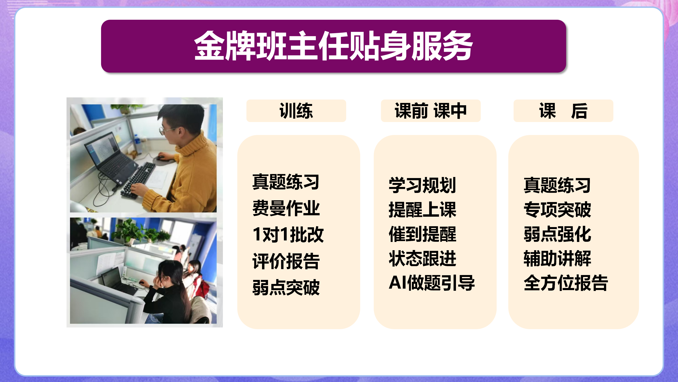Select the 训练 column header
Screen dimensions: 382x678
(x=296, y=111)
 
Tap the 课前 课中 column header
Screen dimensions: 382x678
(x=431, y=111)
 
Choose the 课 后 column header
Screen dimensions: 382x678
(x=563, y=111)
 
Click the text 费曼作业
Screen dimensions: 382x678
(x=286, y=208)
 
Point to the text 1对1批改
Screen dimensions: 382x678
(x=288, y=234)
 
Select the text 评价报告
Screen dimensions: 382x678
(x=286, y=261)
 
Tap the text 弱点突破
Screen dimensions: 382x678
(x=286, y=287)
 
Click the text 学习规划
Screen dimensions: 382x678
(x=422, y=185)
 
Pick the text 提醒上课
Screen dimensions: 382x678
(x=422, y=210)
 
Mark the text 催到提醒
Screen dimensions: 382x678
(x=422, y=234)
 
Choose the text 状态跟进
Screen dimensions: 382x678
(x=422, y=258)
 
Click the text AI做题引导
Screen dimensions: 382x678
(x=432, y=283)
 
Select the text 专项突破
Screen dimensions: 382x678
(x=557, y=210)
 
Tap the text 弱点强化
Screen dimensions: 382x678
(x=557, y=234)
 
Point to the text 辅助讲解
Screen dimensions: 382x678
(x=557, y=258)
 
